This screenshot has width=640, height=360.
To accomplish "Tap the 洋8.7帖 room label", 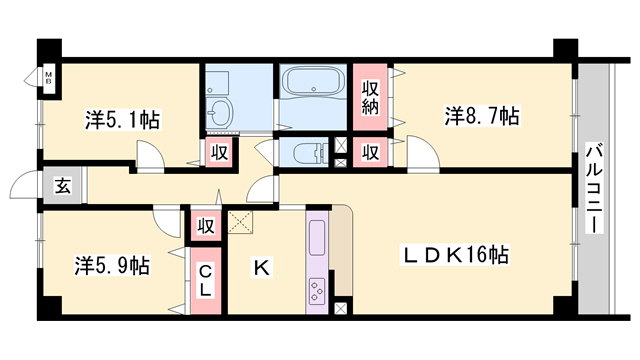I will tap(481, 116).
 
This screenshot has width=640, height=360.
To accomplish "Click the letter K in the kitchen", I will tap(261, 267).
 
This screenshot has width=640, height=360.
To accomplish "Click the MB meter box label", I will tap(47, 77).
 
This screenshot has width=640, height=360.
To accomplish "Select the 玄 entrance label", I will tap(62, 186).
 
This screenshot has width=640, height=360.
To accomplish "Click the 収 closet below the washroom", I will tap(218, 153).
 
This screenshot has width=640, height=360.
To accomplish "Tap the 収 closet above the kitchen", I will tap(207, 225).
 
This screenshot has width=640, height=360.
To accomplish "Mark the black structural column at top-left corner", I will tap(48, 51).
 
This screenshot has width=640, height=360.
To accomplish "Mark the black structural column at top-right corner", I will tap(565, 51).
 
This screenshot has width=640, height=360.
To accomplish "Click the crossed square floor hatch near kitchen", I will tap(240, 222).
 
